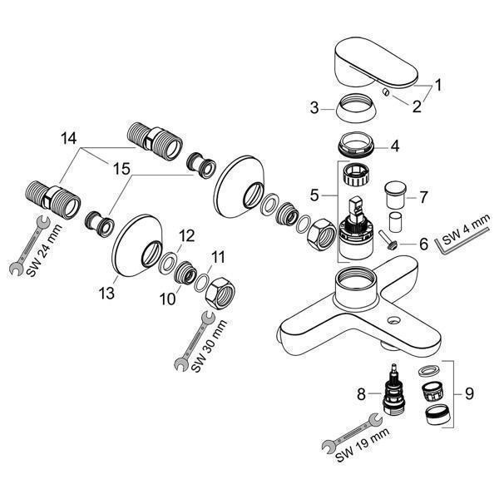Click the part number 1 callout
(x=438, y=84)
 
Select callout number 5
(x=314, y=195)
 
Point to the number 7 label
(x=423, y=198)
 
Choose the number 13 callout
(x=106, y=293)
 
